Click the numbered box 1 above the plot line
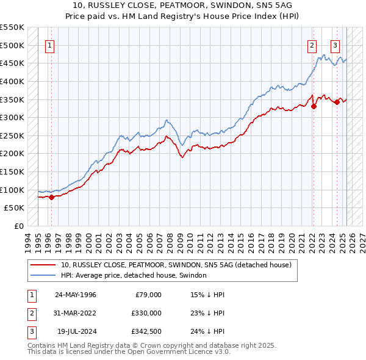tap(49, 45)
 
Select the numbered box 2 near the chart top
tap(312, 45)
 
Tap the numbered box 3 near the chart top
tap(335, 45)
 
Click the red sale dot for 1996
tap(52, 197)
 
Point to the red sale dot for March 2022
tap(314, 106)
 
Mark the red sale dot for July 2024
tap(337, 102)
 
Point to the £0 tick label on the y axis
tap(18, 226)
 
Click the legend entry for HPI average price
tap(134, 276)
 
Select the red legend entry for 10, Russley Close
tap(176, 265)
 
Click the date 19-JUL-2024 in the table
tap(76, 331)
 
